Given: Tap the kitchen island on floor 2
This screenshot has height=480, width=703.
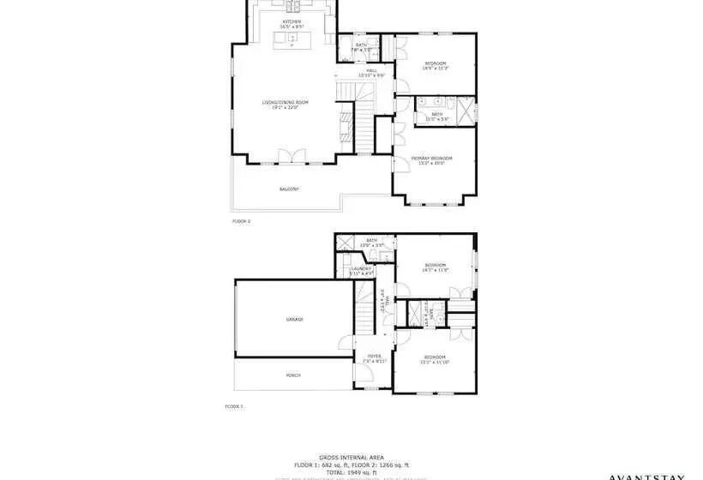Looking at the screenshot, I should click(x=291, y=39).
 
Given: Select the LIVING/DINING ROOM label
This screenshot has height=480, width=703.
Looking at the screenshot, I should click(x=285, y=105).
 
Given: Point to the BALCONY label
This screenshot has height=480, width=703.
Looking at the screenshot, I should click(x=288, y=189).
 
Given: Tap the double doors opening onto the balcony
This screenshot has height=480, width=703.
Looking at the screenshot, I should click(x=292, y=158).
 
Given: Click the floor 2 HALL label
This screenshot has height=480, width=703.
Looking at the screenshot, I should click(x=372, y=73).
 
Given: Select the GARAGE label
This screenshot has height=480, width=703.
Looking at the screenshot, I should click(x=294, y=319).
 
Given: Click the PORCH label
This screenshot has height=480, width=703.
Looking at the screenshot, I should click(x=293, y=375).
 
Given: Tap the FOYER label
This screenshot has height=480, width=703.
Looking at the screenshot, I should click(x=375, y=358).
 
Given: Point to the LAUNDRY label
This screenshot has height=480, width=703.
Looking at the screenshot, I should click(x=360, y=271).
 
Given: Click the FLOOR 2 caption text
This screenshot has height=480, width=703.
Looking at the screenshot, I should click(x=241, y=221).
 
